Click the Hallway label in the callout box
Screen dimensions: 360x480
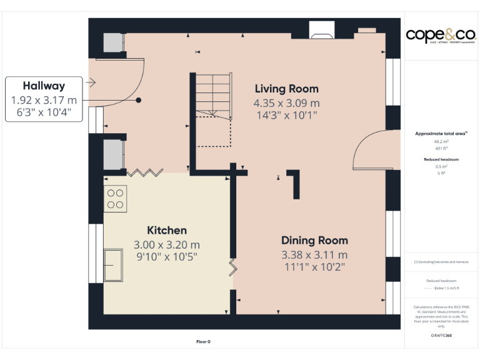[x=44, y=86]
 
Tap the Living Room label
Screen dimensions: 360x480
[x=286, y=89]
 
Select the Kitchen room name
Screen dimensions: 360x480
[x=166, y=231]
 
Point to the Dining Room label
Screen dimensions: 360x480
[x=314, y=241]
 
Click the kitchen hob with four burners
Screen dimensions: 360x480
[x=116, y=199]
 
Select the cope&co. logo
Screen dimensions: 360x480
[x=441, y=35]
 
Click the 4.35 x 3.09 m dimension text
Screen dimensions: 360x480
[x=286, y=102]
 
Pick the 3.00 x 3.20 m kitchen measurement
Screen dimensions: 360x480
[x=166, y=245]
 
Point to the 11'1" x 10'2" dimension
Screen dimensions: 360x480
[x=314, y=267]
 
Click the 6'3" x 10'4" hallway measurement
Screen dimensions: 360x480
[x=44, y=112]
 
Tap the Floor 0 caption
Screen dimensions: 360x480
[x=203, y=342]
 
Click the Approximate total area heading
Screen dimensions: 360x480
[x=441, y=134]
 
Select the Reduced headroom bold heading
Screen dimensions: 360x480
[x=441, y=159]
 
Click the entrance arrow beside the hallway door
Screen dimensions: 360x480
[x=91, y=82]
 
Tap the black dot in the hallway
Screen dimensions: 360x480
[x=139, y=100]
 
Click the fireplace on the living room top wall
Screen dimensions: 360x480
[x=322, y=29]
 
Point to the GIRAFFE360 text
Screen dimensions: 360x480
[x=441, y=336]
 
